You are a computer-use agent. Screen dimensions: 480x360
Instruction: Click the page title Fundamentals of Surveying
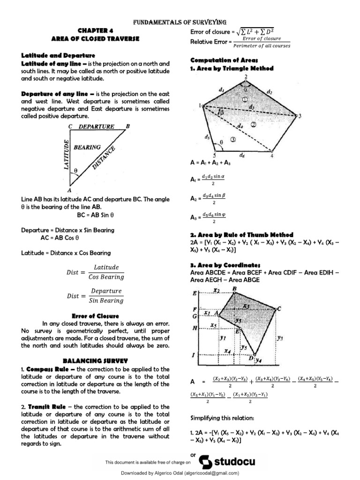pos(180,22)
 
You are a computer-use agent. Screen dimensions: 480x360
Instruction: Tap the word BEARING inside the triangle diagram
pos(87,147)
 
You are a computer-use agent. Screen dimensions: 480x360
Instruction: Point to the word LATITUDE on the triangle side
pos(67,154)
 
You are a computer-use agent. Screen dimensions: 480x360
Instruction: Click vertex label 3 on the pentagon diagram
pos(300,116)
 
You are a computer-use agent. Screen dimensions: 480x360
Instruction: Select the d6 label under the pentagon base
pos(242,154)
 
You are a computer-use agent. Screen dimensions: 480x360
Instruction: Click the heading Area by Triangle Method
pos(232,68)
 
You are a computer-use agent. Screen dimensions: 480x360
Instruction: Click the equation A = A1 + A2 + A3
pos(210,162)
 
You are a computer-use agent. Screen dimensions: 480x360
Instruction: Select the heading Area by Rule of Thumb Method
pos(241,234)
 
